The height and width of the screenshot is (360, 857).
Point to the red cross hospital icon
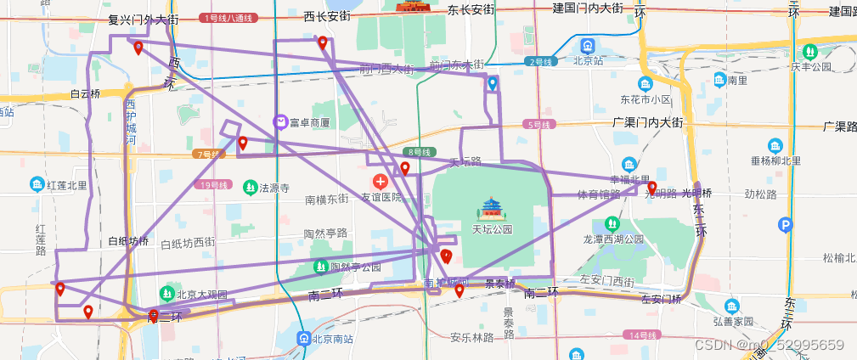(380, 181)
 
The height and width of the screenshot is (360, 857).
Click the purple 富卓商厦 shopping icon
(280, 122)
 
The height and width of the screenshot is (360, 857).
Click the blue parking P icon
(786, 225)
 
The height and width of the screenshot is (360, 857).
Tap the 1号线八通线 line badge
(228, 18)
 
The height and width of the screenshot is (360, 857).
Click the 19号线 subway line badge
(216, 184)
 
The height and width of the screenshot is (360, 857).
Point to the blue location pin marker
(493, 83)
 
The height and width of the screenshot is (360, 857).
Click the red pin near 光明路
(652, 188)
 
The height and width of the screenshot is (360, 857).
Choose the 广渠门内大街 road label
(647, 122)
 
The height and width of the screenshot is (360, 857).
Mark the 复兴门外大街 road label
(144, 18)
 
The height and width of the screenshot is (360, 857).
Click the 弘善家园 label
(733, 322)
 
